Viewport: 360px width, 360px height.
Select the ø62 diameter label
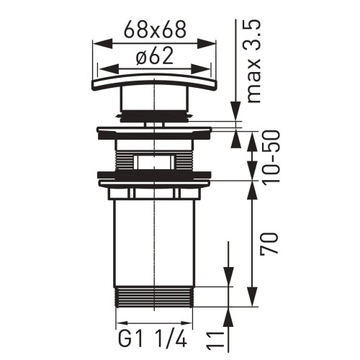155,58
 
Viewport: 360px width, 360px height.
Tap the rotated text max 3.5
253,61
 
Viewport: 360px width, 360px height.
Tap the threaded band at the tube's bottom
155,296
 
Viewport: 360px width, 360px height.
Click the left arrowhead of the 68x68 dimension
99,44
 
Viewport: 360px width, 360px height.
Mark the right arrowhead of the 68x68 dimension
212,44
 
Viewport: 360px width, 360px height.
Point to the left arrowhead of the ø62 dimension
104,69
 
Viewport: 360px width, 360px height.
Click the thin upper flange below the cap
155,132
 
